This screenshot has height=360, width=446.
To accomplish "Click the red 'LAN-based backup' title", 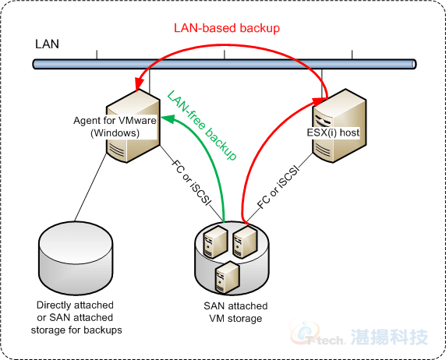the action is [227, 28].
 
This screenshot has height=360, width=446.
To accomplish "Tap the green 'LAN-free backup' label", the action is [202, 125].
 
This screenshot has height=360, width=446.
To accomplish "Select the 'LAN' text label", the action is [47, 44].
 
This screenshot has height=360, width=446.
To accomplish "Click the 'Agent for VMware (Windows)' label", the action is [115, 126].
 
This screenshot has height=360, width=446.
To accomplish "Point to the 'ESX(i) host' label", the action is [333, 132].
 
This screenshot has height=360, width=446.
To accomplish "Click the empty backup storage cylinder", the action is [76, 258].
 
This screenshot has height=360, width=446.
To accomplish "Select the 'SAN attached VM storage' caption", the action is [235, 312].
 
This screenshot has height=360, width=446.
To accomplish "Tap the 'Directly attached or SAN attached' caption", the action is [76, 311].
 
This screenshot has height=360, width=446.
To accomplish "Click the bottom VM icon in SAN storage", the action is [227, 277].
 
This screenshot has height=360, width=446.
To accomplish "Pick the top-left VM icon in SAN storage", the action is [216, 242].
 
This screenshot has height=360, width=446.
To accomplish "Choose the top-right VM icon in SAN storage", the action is [245, 242].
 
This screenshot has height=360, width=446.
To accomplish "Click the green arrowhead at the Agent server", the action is [168, 118].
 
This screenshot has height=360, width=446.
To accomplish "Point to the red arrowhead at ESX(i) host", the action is [320, 101].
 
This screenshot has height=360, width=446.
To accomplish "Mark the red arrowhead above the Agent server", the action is [139, 84].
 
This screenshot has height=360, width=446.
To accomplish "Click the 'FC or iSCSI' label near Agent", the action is [192, 182].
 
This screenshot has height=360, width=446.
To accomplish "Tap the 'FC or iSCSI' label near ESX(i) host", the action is [278, 187].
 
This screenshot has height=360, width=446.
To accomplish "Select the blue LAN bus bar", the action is [225, 64].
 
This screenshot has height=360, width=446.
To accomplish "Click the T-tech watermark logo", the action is [359, 336].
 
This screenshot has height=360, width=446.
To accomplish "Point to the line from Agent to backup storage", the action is [90, 187].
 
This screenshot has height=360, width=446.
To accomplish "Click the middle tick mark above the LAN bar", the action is [225, 55].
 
